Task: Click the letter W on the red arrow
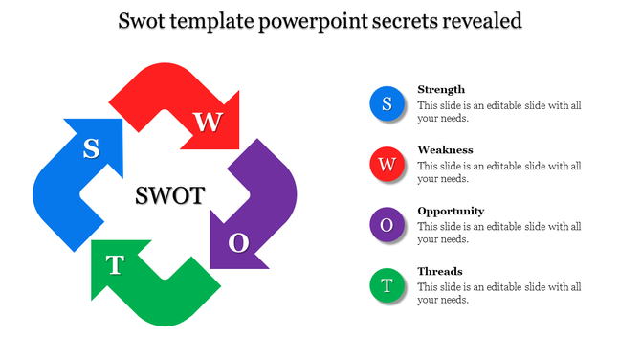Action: click(x=208, y=122)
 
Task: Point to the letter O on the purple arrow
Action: click(x=238, y=243)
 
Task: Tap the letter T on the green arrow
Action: click(x=115, y=265)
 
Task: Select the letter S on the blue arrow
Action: click(x=91, y=148)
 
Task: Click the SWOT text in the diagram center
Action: click(x=169, y=196)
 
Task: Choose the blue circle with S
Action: click(x=387, y=104)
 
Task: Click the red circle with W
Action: click(x=387, y=165)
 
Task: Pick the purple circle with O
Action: click(x=387, y=225)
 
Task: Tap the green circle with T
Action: click(x=387, y=285)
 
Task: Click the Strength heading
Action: click(x=441, y=89)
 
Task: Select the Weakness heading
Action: click(x=445, y=150)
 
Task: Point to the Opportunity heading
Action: click(x=451, y=211)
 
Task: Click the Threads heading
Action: click(x=440, y=271)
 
